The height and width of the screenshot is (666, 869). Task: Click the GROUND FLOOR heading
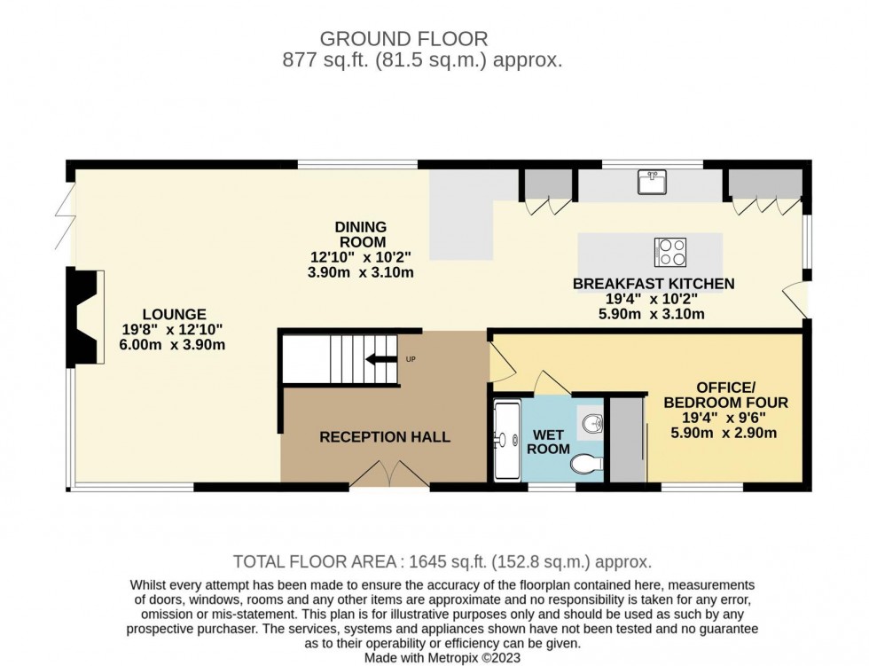click(x=403, y=39)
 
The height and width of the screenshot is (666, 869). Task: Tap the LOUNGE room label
click(x=174, y=314)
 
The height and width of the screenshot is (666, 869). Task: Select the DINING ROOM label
click(x=361, y=234)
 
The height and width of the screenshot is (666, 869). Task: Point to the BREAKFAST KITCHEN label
click(x=654, y=284)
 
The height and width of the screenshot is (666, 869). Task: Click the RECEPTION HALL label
click(x=385, y=436)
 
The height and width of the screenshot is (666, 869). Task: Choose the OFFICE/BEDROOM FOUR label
click(x=724, y=395)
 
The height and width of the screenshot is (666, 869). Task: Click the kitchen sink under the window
click(x=652, y=182)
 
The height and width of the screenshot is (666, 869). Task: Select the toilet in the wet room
click(x=587, y=463)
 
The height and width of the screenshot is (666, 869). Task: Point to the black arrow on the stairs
click(x=383, y=359)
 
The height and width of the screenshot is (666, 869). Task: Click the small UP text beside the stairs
click(x=410, y=359)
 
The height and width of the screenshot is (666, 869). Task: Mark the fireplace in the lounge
click(x=87, y=317)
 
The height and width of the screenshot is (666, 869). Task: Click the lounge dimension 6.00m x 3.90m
click(x=174, y=345)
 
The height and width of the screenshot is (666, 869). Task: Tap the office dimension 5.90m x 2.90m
click(x=724, y=433)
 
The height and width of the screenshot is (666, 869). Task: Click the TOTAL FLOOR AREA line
click(x=442, y=561)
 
